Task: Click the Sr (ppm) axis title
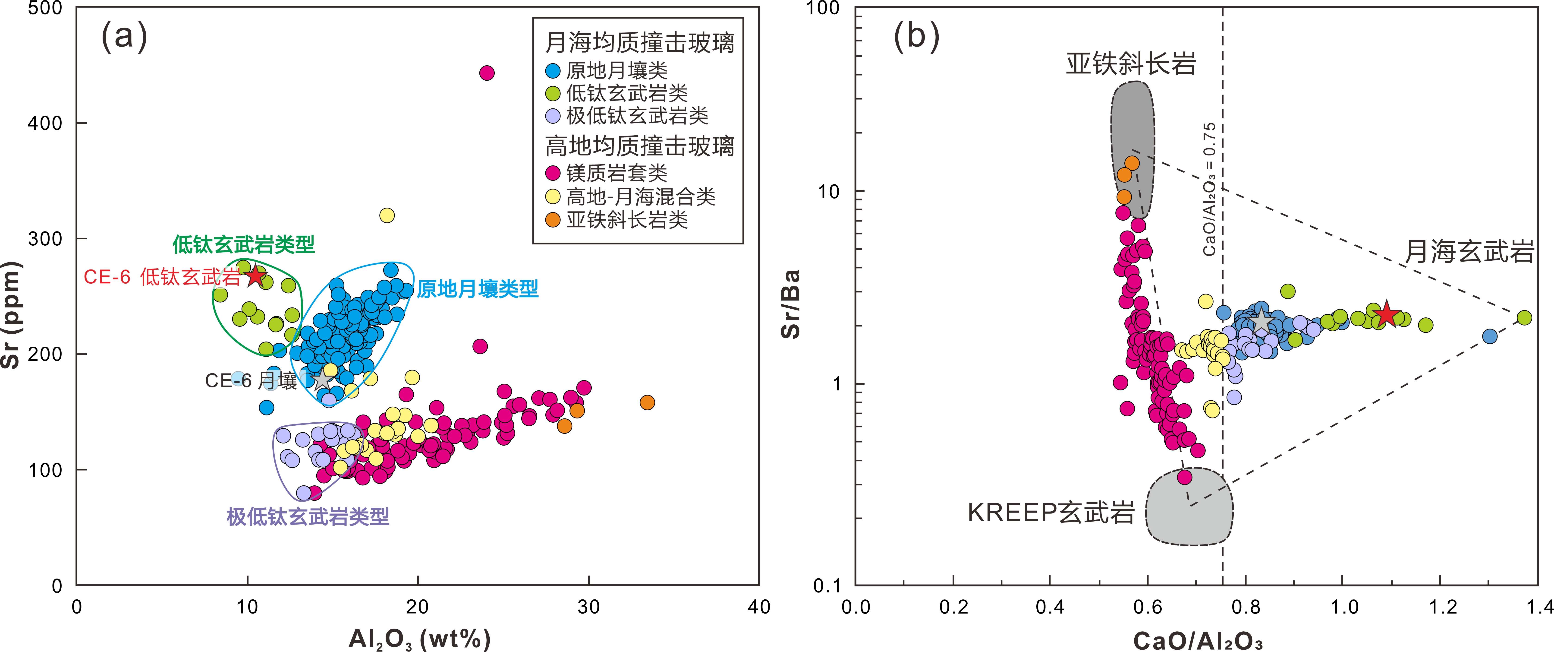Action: (11, 314)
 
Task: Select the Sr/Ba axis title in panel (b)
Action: (790, 304)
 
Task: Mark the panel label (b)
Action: (916, 36)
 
